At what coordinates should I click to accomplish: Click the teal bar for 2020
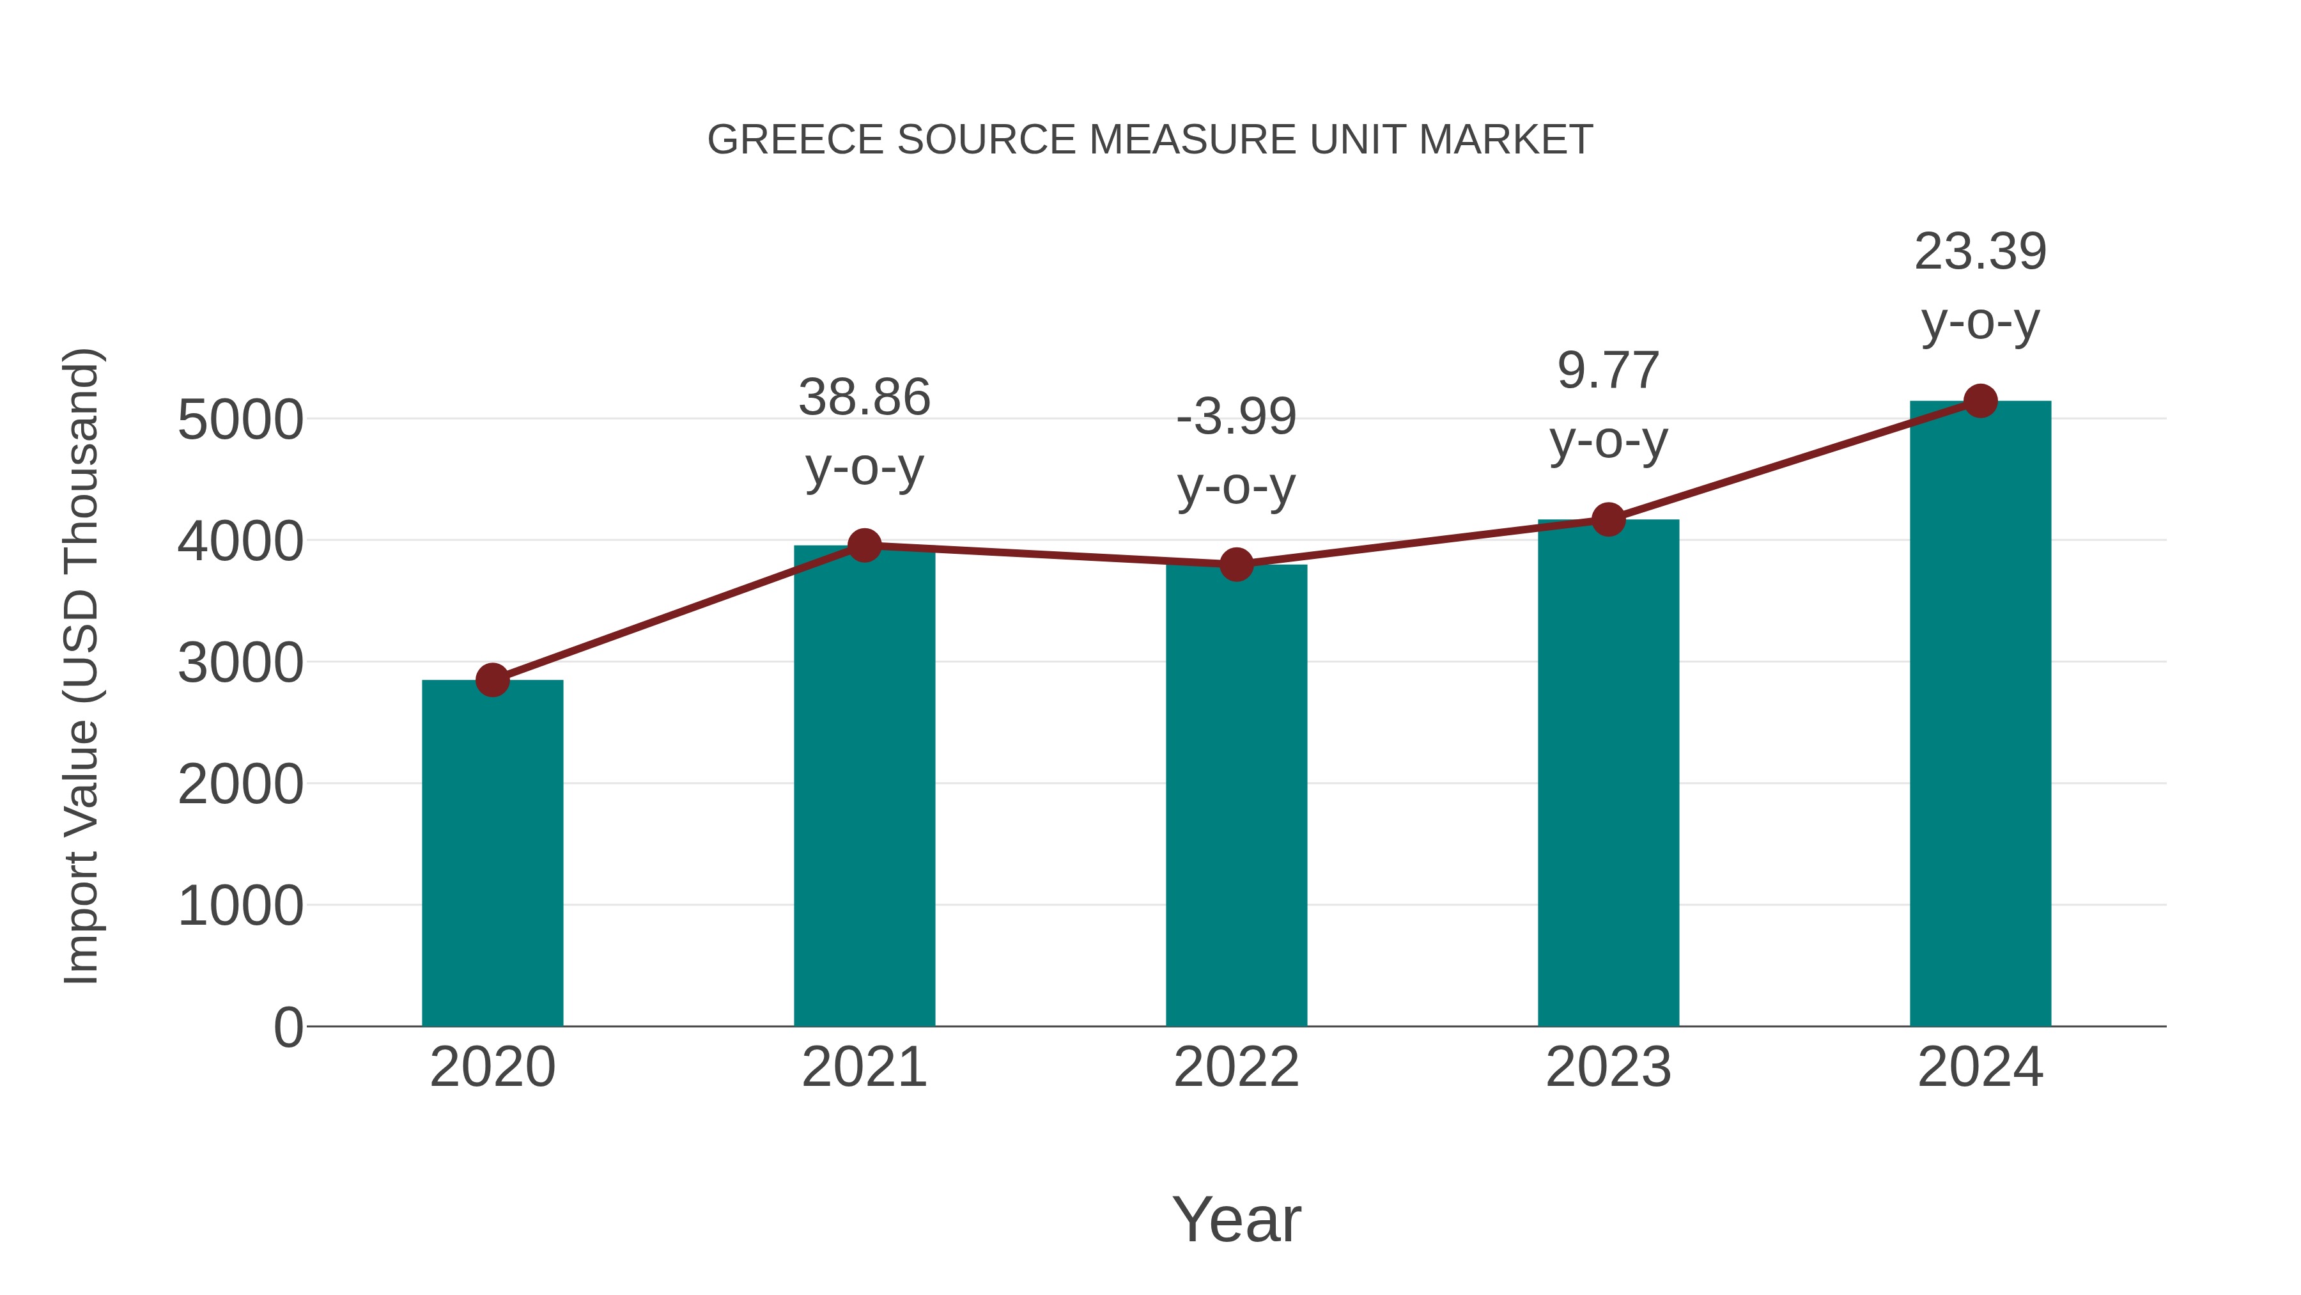point(492,854)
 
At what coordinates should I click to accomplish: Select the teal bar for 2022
point(1236,796)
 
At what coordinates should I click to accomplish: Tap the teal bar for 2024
point(1980,715)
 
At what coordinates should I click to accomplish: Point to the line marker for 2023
point(1608,519)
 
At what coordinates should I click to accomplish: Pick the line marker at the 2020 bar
point(492,680)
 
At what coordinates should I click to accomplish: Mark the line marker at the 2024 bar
point(1980,401)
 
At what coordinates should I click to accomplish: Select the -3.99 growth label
point(1236,418)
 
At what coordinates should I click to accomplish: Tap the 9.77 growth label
point(1608,371)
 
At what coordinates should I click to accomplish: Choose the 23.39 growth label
point(1980,252)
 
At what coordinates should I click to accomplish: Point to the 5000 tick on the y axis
point(240,420)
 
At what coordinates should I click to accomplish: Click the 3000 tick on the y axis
point(240,663)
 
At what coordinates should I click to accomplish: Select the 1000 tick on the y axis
point(240,906)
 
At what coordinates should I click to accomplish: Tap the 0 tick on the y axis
point(288,1028)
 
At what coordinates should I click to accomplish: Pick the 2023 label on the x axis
point(1608,1067)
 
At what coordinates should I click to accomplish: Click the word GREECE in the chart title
point(796,140)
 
